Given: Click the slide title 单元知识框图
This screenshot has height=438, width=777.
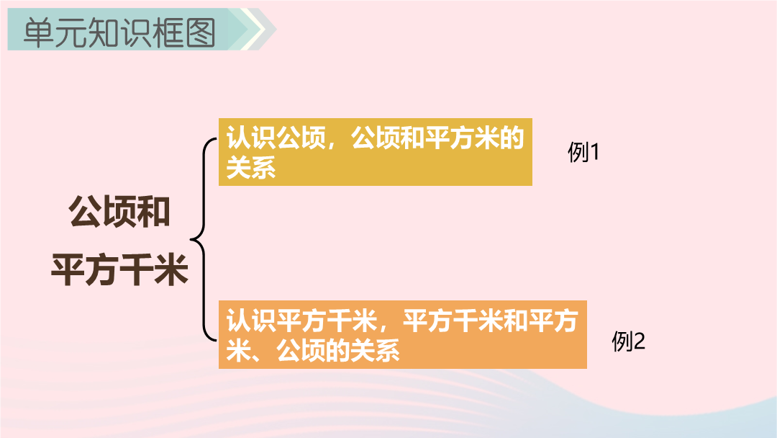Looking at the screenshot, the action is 119,32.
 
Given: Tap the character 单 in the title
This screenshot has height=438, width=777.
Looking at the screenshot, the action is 39,32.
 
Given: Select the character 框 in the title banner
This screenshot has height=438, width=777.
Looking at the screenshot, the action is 168,32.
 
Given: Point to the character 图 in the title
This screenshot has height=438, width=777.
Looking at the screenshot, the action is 200,32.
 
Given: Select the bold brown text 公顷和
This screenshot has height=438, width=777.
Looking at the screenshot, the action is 119,212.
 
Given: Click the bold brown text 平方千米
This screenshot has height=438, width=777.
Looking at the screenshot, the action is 119,269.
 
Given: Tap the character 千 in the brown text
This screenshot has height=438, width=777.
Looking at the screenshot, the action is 137,269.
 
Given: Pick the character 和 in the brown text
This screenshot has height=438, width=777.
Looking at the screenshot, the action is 154,212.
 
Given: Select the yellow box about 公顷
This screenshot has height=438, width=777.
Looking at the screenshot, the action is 375,152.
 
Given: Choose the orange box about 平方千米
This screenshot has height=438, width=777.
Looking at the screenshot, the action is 402,334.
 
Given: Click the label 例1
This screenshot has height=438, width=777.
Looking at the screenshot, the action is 583,152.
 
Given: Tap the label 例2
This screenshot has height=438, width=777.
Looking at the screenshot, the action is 628,341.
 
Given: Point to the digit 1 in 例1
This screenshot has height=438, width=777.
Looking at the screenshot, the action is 594,152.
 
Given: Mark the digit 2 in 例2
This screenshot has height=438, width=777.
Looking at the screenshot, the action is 640,341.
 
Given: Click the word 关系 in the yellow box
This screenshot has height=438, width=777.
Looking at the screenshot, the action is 251,167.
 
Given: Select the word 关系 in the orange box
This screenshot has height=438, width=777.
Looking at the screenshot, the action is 375,351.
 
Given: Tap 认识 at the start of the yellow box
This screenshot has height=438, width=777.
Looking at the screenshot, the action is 251,138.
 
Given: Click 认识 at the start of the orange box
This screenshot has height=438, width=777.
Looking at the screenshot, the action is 251,321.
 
